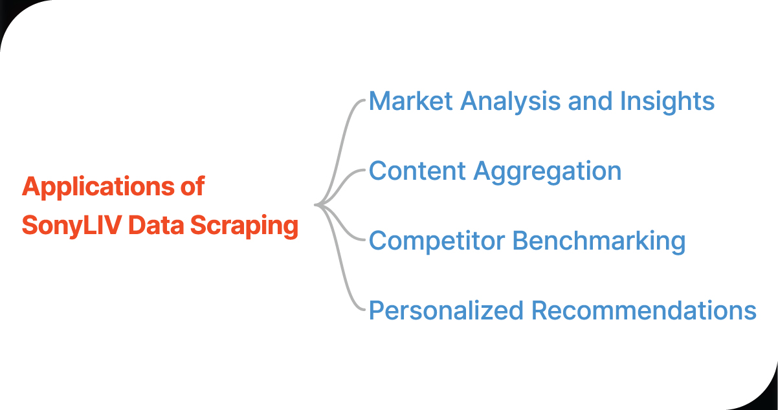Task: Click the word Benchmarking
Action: (599, 242)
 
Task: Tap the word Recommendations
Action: (644, 311)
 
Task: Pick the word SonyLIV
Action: (71, 226)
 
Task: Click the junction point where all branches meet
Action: (317, 206)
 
